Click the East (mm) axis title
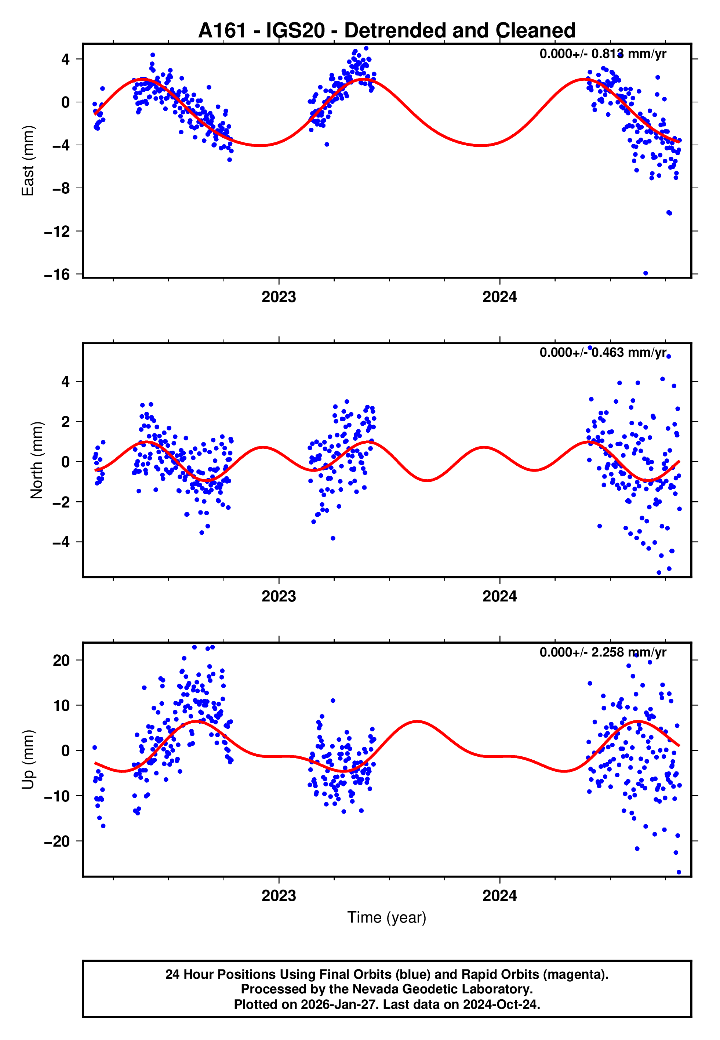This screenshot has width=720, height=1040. (x=28, y=161)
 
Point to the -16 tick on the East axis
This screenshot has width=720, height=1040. (x=57, y=274)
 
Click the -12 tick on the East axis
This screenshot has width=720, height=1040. (x=57, y=231)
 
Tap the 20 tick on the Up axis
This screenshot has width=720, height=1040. (x=61, y=660)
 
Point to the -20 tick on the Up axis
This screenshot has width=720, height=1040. (x=57, y=841)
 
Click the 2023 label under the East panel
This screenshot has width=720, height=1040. (x=279, y=297)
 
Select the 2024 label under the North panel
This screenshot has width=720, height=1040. (x=499, y=596)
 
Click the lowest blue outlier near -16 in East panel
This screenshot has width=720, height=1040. (x=646, y=273)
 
